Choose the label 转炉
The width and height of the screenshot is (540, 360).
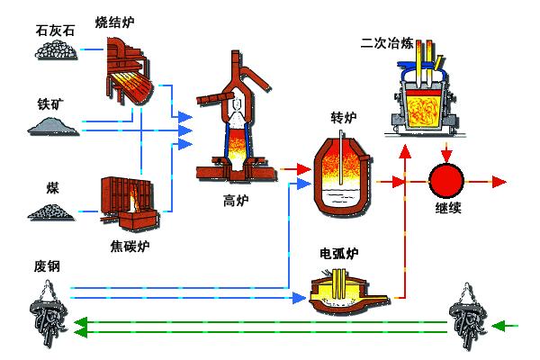[346, 119]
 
